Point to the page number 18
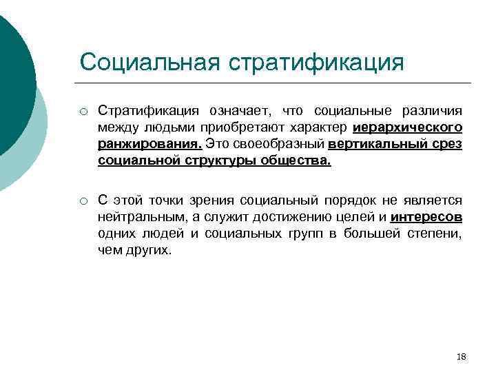click(x=462, y=357)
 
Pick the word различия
click(x=432, y=111)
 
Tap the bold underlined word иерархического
click(x=417, y=127)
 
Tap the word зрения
click(x=209, y=200)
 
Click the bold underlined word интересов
click(x=426, y=217)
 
